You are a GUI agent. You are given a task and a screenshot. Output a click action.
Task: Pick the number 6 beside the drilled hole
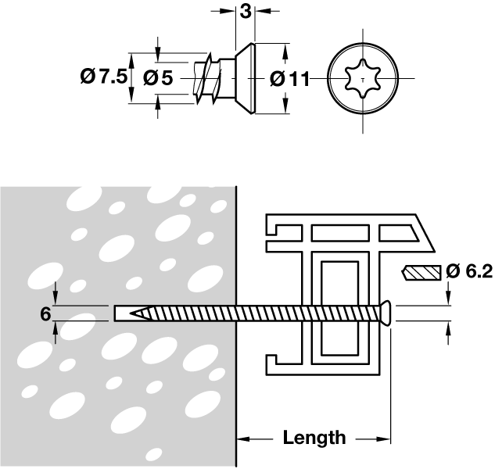click(x=45, y=313)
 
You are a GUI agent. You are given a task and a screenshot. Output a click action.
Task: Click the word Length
click(x=314, y=438)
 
